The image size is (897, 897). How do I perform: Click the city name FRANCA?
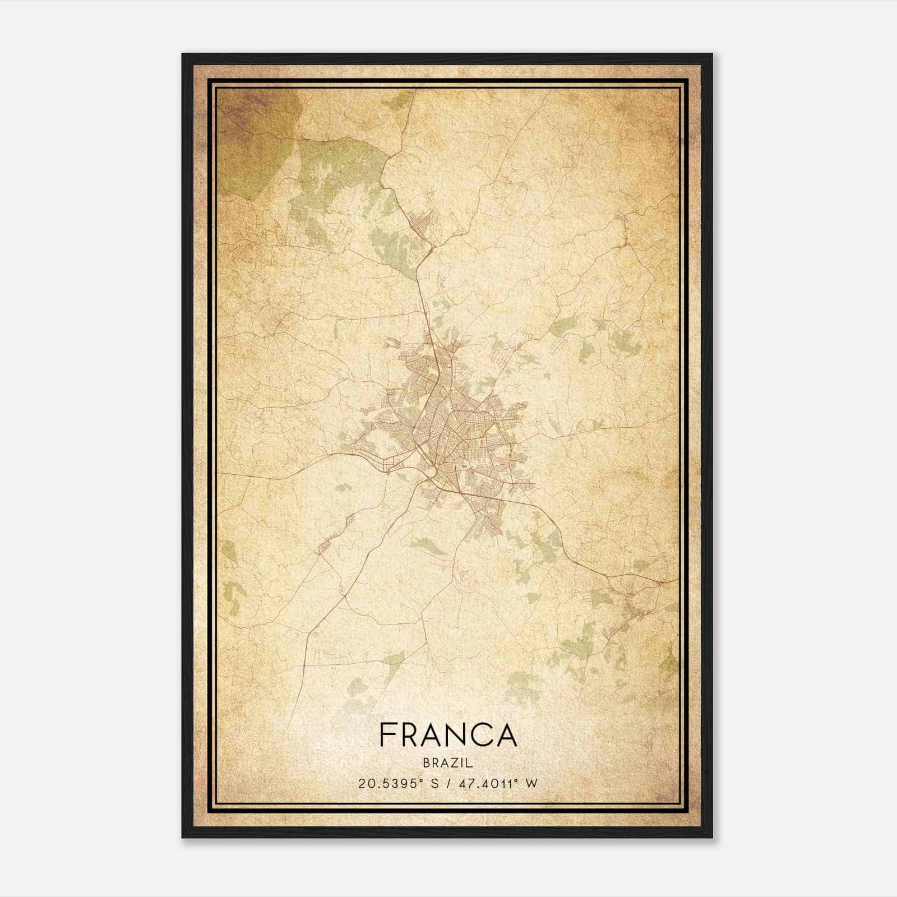coord(448,734)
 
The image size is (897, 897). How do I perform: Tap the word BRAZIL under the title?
coord(448,763)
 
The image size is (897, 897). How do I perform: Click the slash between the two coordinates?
coord(448,783)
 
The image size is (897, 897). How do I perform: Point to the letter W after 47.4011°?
coord(531,783)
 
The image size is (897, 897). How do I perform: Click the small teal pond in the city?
coord(464,464)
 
